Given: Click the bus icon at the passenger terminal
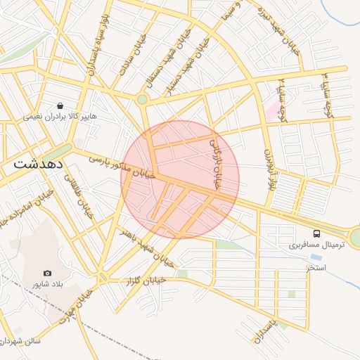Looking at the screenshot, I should (x=316, y=233).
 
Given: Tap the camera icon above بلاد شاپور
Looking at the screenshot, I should (x=47, y=273).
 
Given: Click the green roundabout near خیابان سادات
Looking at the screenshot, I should (x=142, y=100).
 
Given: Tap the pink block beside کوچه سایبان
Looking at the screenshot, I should (x=271, y=111).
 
